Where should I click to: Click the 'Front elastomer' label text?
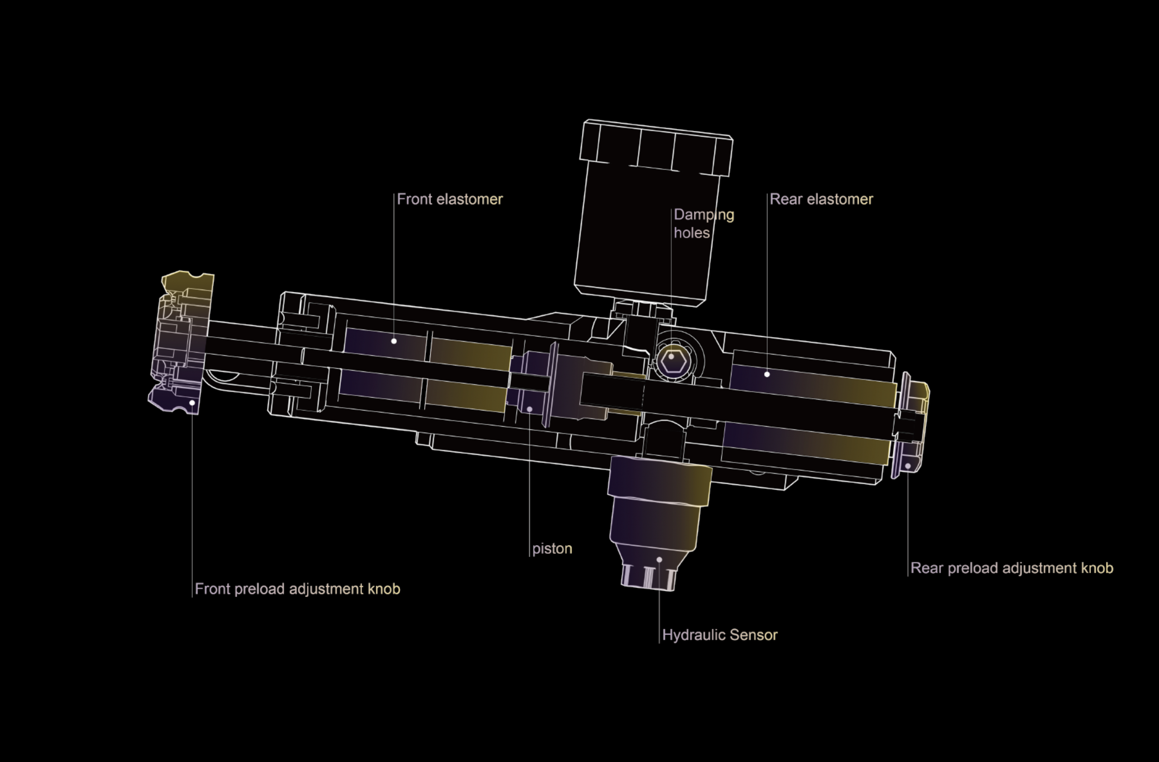coord(450,199)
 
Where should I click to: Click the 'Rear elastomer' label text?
coord(822,199)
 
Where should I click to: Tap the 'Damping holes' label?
coord(703,224)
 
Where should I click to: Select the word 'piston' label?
coord(552,549)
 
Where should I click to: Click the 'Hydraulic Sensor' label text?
coord(720,635)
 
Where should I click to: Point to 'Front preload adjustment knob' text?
coord(297,589)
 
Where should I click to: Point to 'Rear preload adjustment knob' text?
coord(1011,568)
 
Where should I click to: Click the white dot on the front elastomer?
coord(394,341)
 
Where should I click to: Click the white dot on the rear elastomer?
coord(767,374)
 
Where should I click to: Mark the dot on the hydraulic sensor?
coord(659,560)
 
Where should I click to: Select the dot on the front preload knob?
coord(192,403)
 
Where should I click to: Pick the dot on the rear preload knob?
coord(908,466)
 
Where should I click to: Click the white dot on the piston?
coord(530,409)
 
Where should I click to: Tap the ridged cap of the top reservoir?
coord(656,148)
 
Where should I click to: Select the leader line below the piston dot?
coord(530,487)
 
